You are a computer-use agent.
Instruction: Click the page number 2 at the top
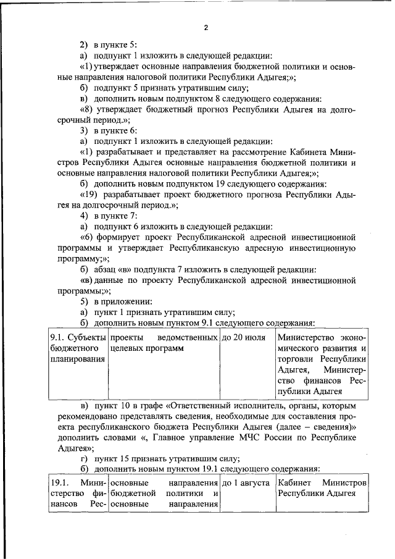point(206,27)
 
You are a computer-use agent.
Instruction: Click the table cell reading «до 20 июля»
point(244,338)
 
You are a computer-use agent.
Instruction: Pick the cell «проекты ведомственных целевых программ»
point(164,343)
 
